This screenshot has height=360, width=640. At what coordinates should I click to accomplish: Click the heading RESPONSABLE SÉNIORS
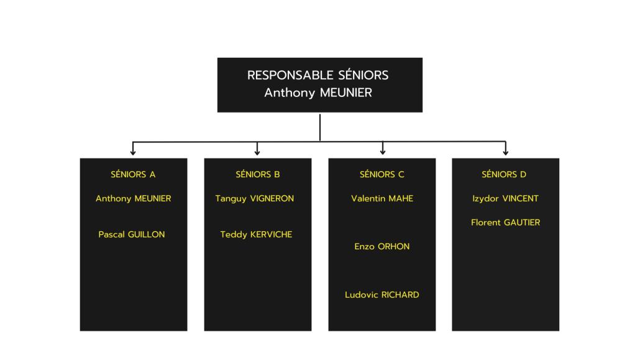point(318,75)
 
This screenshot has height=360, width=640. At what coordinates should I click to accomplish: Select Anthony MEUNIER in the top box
point(318,93)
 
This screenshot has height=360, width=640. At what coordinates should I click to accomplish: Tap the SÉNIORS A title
point(133,175)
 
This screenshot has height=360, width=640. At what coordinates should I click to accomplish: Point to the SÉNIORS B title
point(257,175)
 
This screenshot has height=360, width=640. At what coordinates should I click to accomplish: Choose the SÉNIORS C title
point(382,175)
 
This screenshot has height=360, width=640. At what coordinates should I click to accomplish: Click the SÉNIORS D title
point(504,175)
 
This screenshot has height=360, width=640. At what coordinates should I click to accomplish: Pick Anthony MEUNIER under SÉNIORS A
point(133,198)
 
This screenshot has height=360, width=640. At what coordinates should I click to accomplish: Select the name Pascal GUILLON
point(132,234)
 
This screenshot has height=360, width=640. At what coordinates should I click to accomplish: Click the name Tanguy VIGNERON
point(254,198)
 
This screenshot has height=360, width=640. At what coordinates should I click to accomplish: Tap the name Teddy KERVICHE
point(256,234)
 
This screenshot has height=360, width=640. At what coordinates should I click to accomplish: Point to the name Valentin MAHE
point(382,198)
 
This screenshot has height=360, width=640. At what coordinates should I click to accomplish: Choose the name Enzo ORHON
point(382,246)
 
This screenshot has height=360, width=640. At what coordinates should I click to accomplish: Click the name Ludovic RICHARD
point(382,295)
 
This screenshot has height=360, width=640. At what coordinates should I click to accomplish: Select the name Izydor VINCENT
point(505,198)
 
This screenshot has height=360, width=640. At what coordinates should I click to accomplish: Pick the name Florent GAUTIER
point(505,223)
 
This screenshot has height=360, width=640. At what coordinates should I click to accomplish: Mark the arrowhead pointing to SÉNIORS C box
point(383,152)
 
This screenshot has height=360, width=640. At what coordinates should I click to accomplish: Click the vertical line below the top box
point(320,127)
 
